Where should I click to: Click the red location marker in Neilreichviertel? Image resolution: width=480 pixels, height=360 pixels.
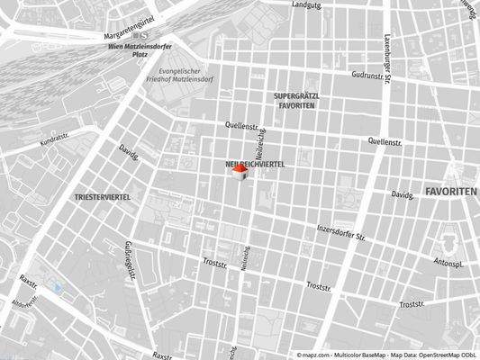click(240, 172)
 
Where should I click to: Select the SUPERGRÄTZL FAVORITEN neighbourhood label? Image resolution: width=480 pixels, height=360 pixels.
click(297, 100)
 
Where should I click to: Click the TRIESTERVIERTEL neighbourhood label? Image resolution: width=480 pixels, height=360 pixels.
click(104, 195)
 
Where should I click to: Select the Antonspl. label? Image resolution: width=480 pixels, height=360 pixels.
click(448, 264)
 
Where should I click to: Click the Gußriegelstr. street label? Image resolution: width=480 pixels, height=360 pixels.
click(131, 258)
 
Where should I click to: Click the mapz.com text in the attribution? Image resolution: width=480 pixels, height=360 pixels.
click(316, 355)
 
